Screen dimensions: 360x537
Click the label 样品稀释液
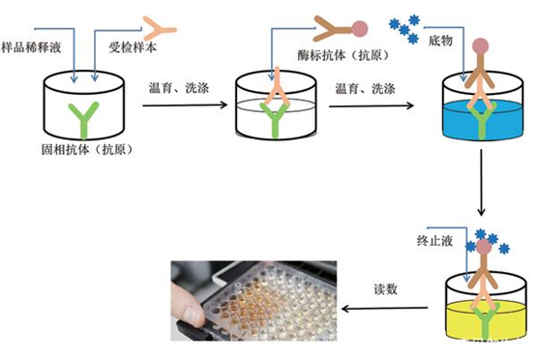34,46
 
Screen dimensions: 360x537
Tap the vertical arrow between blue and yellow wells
480,185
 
